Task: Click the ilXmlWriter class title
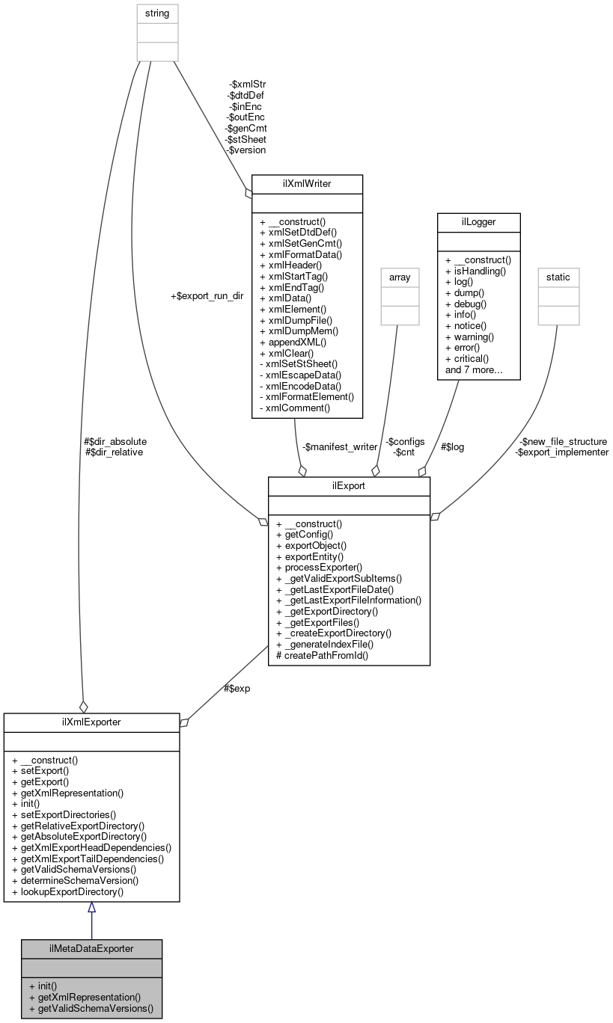click(x=307, y=183)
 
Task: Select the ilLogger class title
click(x=478, y=222)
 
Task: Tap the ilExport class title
click(x=349, y=485)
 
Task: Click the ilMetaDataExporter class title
click(x=91, y=948)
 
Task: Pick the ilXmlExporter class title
click(x=91, y=722)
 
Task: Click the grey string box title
click(x=157, y=12)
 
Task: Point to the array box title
click(x=397, y=277)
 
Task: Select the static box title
click(x=558, y=277)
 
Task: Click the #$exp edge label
click(x=237, y=688)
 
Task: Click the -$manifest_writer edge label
click(x=340, y=446)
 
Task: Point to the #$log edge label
click(x=453, y=446)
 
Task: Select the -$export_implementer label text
click(x=561, y=452)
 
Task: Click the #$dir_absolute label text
click(x=116, y=441)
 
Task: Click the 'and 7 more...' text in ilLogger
click(x=473, y=369)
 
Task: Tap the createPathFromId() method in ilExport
click(x=323, y=655)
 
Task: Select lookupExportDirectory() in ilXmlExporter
click(x=68, y=891)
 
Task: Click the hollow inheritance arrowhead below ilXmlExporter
click(x=91, y=907)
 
